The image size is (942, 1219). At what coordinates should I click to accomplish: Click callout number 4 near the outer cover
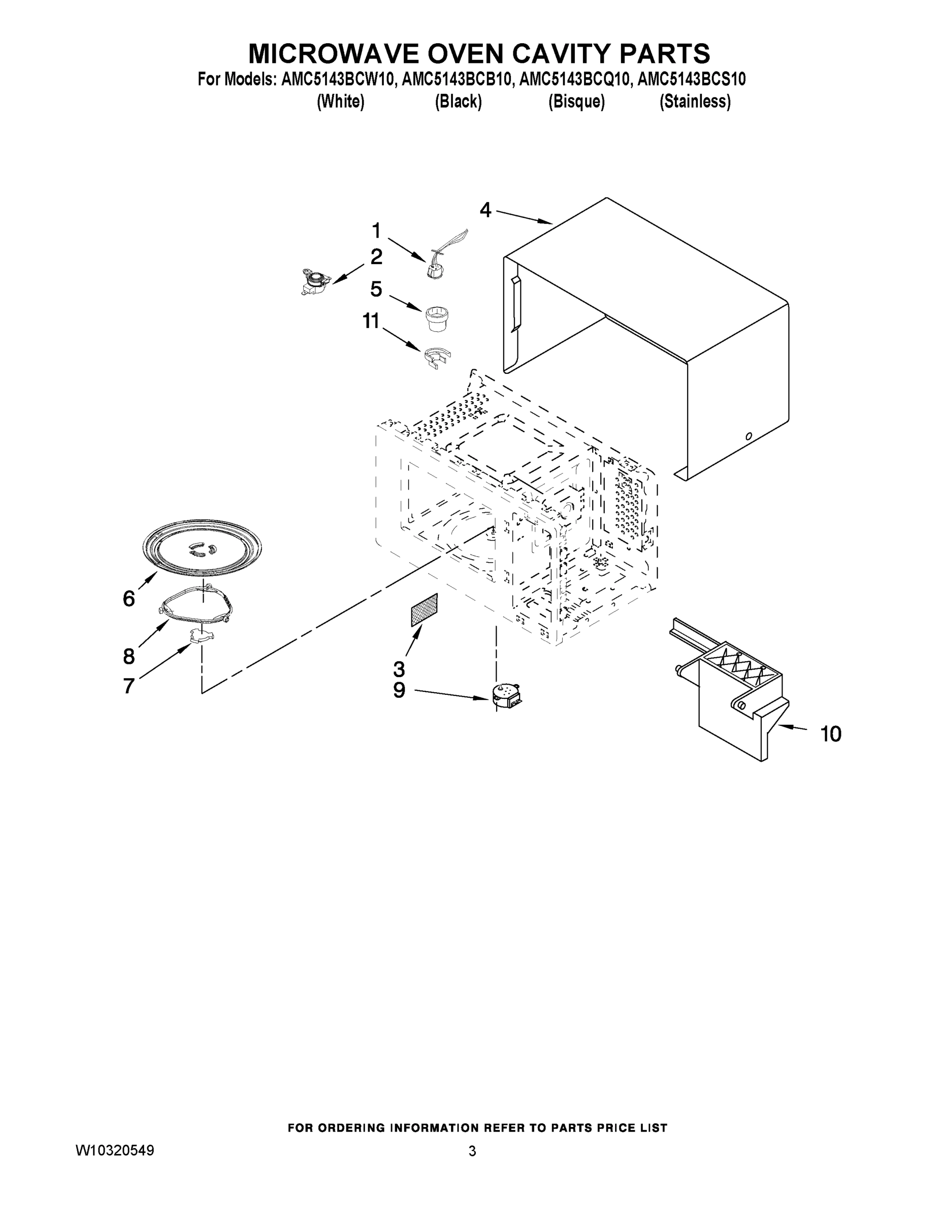(485, 210)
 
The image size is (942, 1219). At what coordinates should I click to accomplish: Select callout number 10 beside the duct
(830, 733)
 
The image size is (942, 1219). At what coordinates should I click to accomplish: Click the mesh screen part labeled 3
(424, 609)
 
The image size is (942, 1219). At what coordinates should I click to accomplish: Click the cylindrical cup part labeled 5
(437, 318)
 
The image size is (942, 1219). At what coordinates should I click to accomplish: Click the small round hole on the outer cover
(749, 436)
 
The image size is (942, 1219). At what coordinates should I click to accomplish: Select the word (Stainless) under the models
(695, 102)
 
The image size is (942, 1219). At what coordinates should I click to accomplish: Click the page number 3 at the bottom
(472, 1151)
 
